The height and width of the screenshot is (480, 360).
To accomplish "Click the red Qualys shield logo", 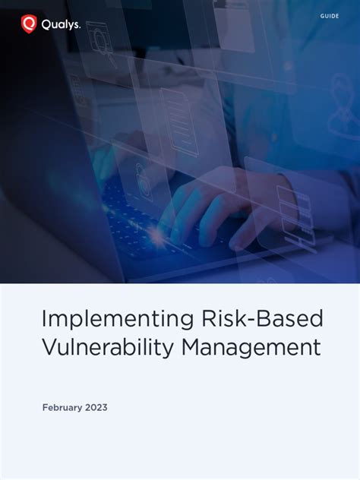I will pyautogui.click(x=29, y=24).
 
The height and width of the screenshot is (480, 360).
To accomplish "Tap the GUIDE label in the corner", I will pyautogui.click(x=330, y=16).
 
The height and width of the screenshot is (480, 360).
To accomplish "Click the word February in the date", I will pyautogui.click(x=62, y=408).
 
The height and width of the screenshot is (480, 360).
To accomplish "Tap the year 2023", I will pyautogui.click(x=96, y=408).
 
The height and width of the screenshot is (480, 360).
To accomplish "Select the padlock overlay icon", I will pyautogui.click(x=141, y=172).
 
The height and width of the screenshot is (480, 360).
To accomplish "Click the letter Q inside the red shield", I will pyautogui.click(x=29, y=24).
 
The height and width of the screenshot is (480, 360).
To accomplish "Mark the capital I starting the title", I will pyautogui.click(x=44, y=318).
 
